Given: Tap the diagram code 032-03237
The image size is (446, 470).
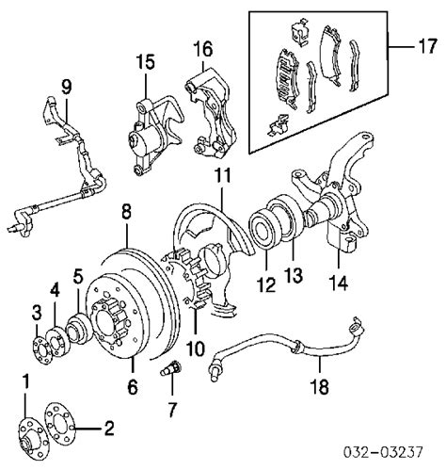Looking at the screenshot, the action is pyautogui.click(x=383, y=452).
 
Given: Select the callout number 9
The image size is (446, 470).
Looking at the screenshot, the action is pyautogui.click(x=67, y=87).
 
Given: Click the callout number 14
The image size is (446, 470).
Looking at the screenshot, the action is pyautogui.click(x=339, y=284).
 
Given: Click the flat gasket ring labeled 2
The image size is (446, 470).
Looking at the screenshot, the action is pyautogui.click(x=60, y=421).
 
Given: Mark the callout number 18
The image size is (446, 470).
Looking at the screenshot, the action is pyautogui.click(x=319, y=386).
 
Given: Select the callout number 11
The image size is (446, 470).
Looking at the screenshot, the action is pyautogui.click(x=222, y=175).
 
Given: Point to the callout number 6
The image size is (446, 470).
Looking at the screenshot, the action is pyautogui.click(x=133, y=386).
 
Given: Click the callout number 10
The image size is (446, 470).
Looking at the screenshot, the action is pyautogui.click(x=196, y=348).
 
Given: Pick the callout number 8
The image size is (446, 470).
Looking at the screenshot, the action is pyautogui.click(x=126, y=212).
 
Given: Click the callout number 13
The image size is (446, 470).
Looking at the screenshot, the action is pyautogui.click(x=294, y=274).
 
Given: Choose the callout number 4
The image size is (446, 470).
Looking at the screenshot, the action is pyautogui.click(x=55, y=291).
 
